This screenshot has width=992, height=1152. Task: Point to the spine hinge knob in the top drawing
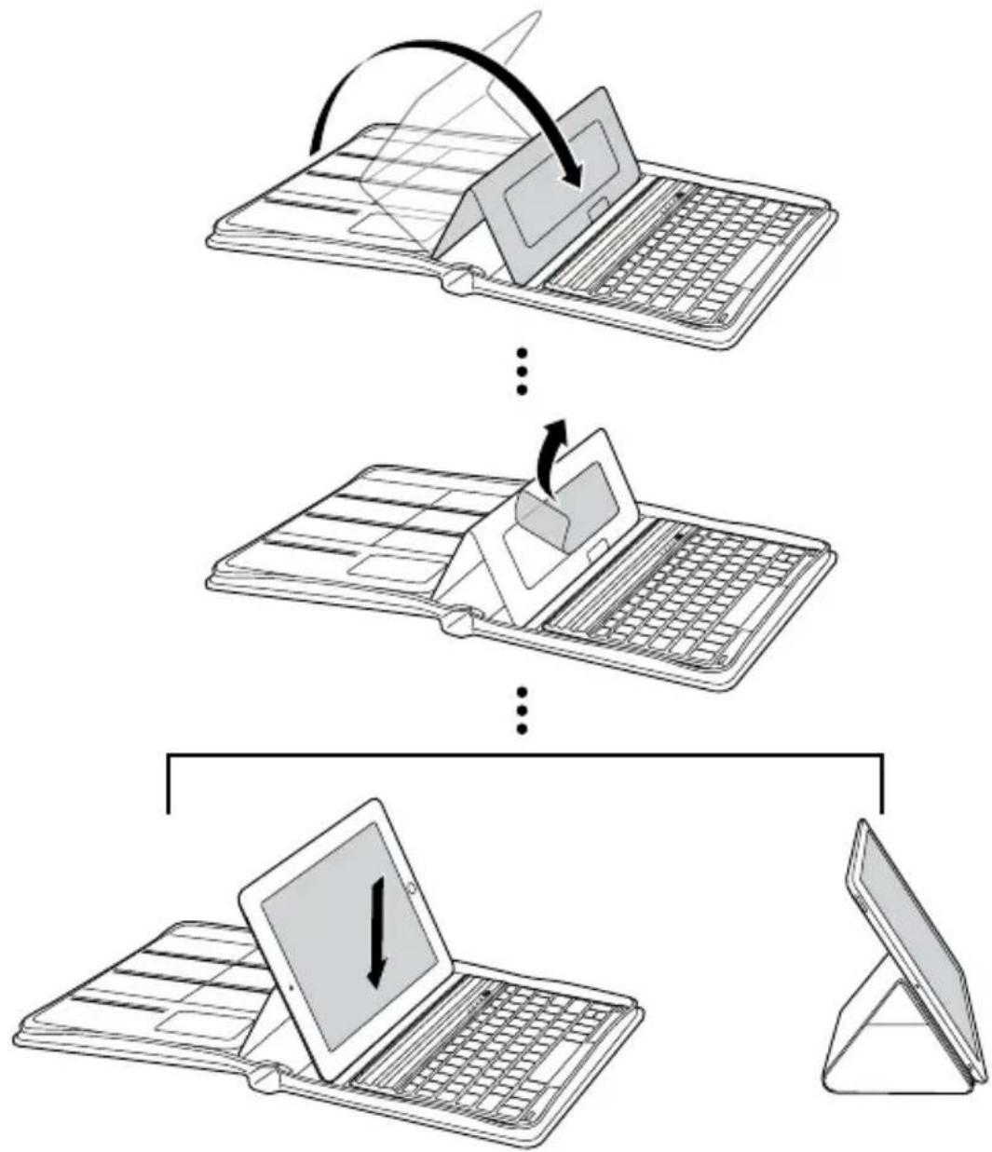coord(459,282)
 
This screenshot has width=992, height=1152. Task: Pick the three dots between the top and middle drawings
coord(523,371)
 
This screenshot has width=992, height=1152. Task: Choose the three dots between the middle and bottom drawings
coord(523,710)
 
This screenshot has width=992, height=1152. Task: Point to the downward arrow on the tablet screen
coord(376,931)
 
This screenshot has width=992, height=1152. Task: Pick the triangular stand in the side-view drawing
coord(880,1034)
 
